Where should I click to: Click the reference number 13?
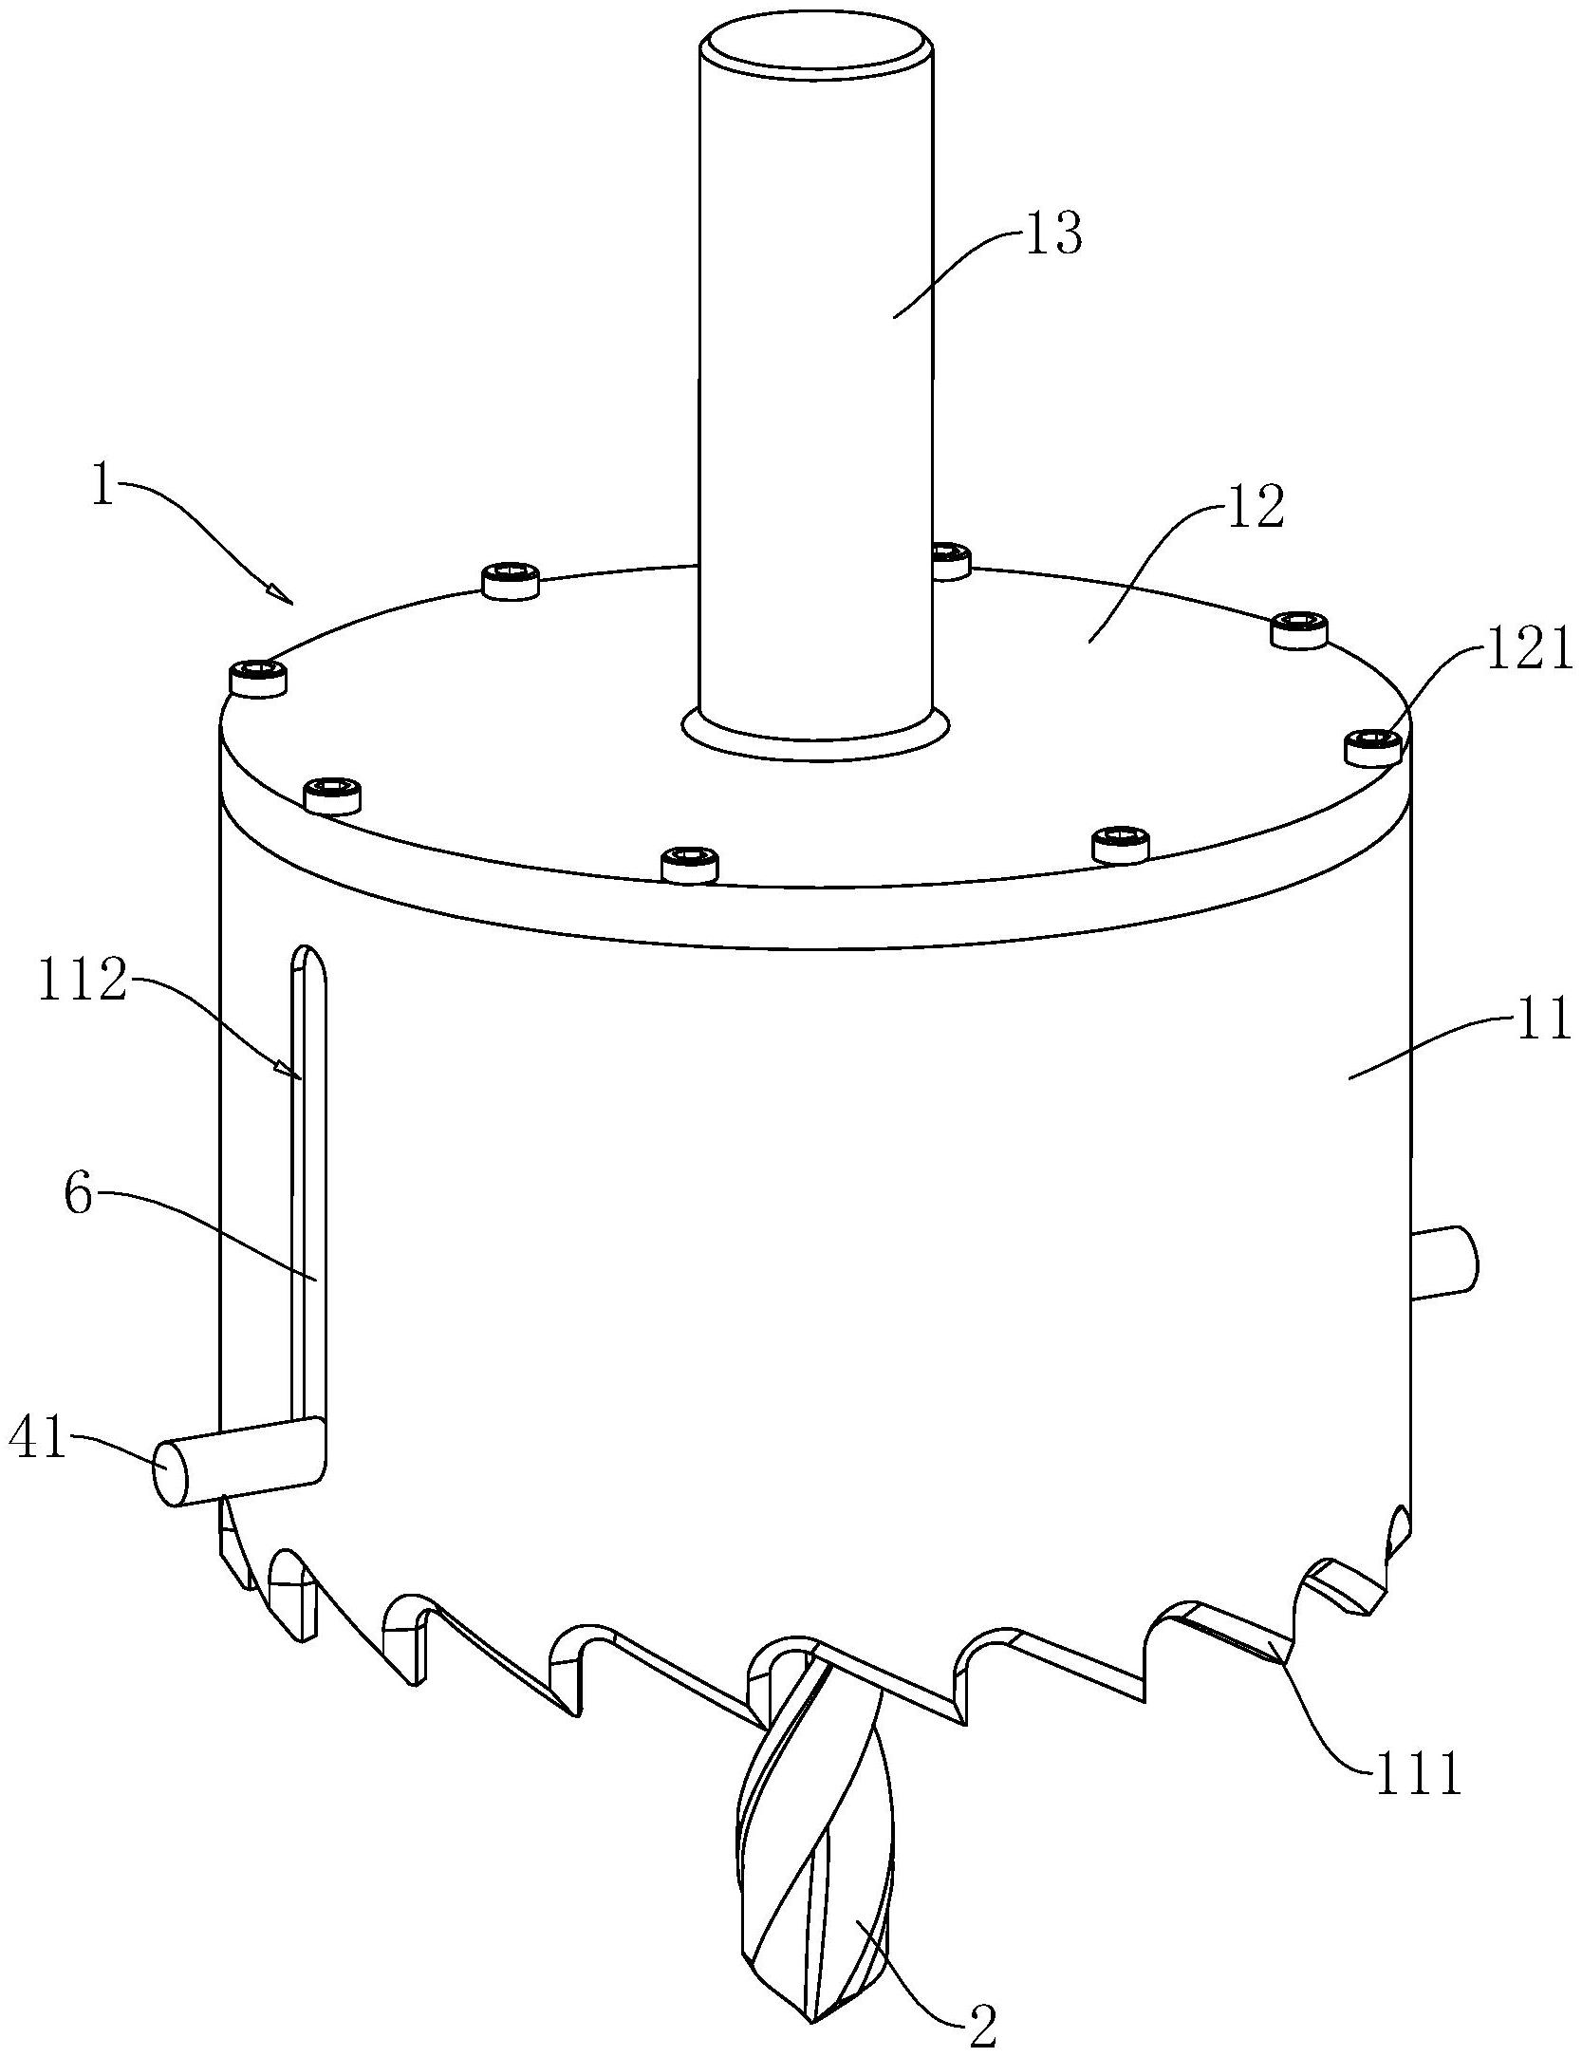(1052, 234)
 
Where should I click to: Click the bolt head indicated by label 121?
(1374, 747)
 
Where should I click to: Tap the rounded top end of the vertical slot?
(307, 959)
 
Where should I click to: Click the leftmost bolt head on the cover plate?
(258, 680)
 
